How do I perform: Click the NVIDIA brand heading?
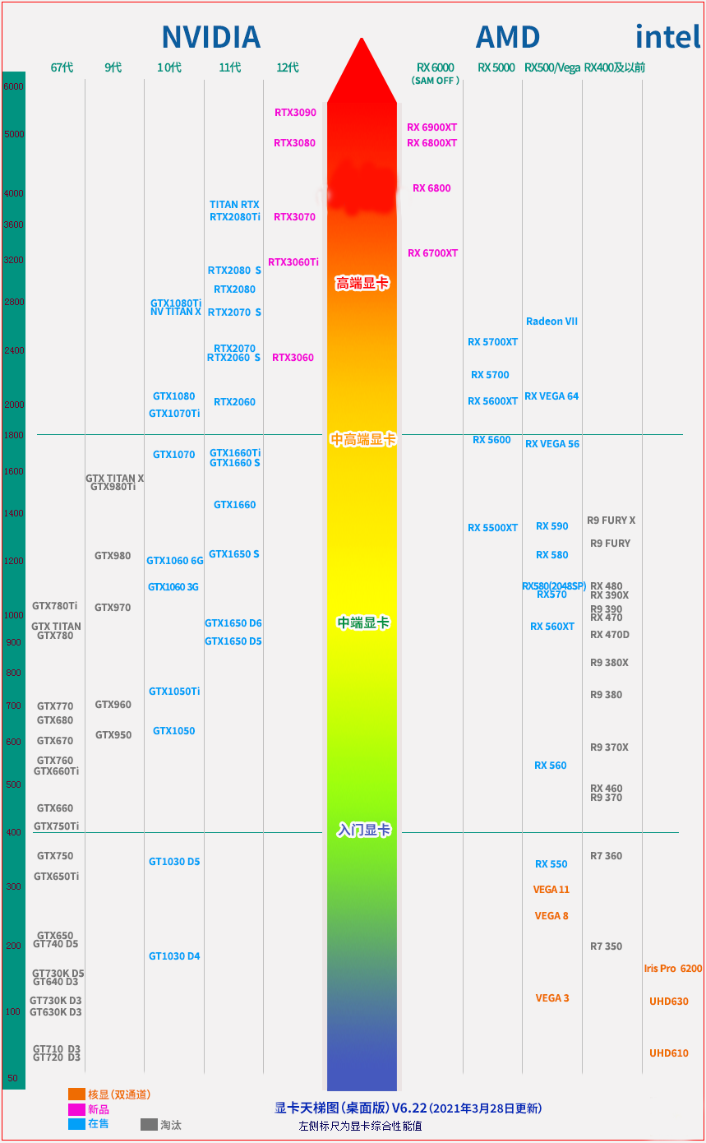(210, 37)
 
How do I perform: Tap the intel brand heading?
(667, 37)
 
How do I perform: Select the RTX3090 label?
(295, 113)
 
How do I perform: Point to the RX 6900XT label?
(432, 127)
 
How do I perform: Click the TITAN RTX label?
(234, 205)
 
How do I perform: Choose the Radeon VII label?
(551, 322)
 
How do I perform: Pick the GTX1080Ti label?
(176, 303)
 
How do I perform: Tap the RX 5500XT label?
(493, 528)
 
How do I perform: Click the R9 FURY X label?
(611, 521)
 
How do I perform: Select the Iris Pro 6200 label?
(673, 969)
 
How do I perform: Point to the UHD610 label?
(669, 1053)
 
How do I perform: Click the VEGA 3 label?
(552, 998)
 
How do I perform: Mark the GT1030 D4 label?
(174, 956)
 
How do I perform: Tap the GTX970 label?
(113, 608)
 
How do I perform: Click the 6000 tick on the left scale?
(13, 86)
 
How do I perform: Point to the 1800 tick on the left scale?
(13, 435)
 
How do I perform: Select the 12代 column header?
(288, 67)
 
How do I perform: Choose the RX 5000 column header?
(496, 67)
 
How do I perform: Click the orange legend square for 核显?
(76, 1094)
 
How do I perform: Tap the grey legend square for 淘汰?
(149, 1124)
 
